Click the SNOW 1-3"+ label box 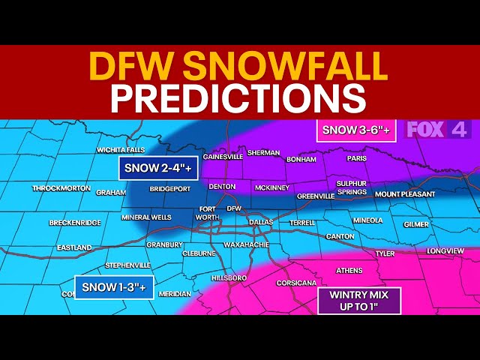coord(115,286)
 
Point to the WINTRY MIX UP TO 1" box coord(360,300)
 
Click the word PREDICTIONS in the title coord(239,98)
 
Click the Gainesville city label coord(222,157)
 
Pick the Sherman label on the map coord(263,152)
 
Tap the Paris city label coord(356,158)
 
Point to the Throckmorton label coord(61,188)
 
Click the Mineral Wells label coord(147,217)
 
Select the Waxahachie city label coord(246,244)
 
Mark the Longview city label coord(445,250)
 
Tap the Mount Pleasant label coord(405,193)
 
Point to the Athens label coord(349,270)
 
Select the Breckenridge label coord(75,223)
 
